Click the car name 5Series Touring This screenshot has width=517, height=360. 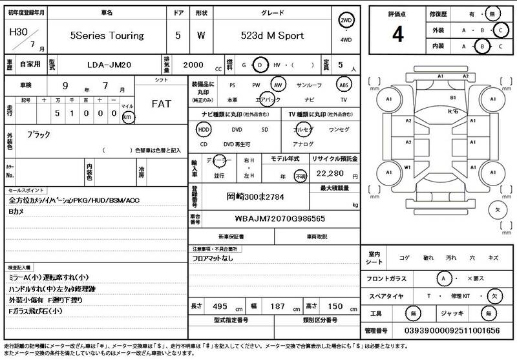[x=107, y=36]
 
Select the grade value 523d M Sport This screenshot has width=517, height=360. [x=271, y=36]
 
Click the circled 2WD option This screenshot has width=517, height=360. [x=348, y=21]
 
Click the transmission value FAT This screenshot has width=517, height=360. [x=162, y=104]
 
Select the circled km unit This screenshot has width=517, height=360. [x=128, y=117]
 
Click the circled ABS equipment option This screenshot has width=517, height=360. [x=344, y=85]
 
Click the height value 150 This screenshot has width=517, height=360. [x=335, y=306]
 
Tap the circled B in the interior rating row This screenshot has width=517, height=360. [x=481, y=47]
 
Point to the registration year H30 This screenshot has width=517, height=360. [x=16, y=30]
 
